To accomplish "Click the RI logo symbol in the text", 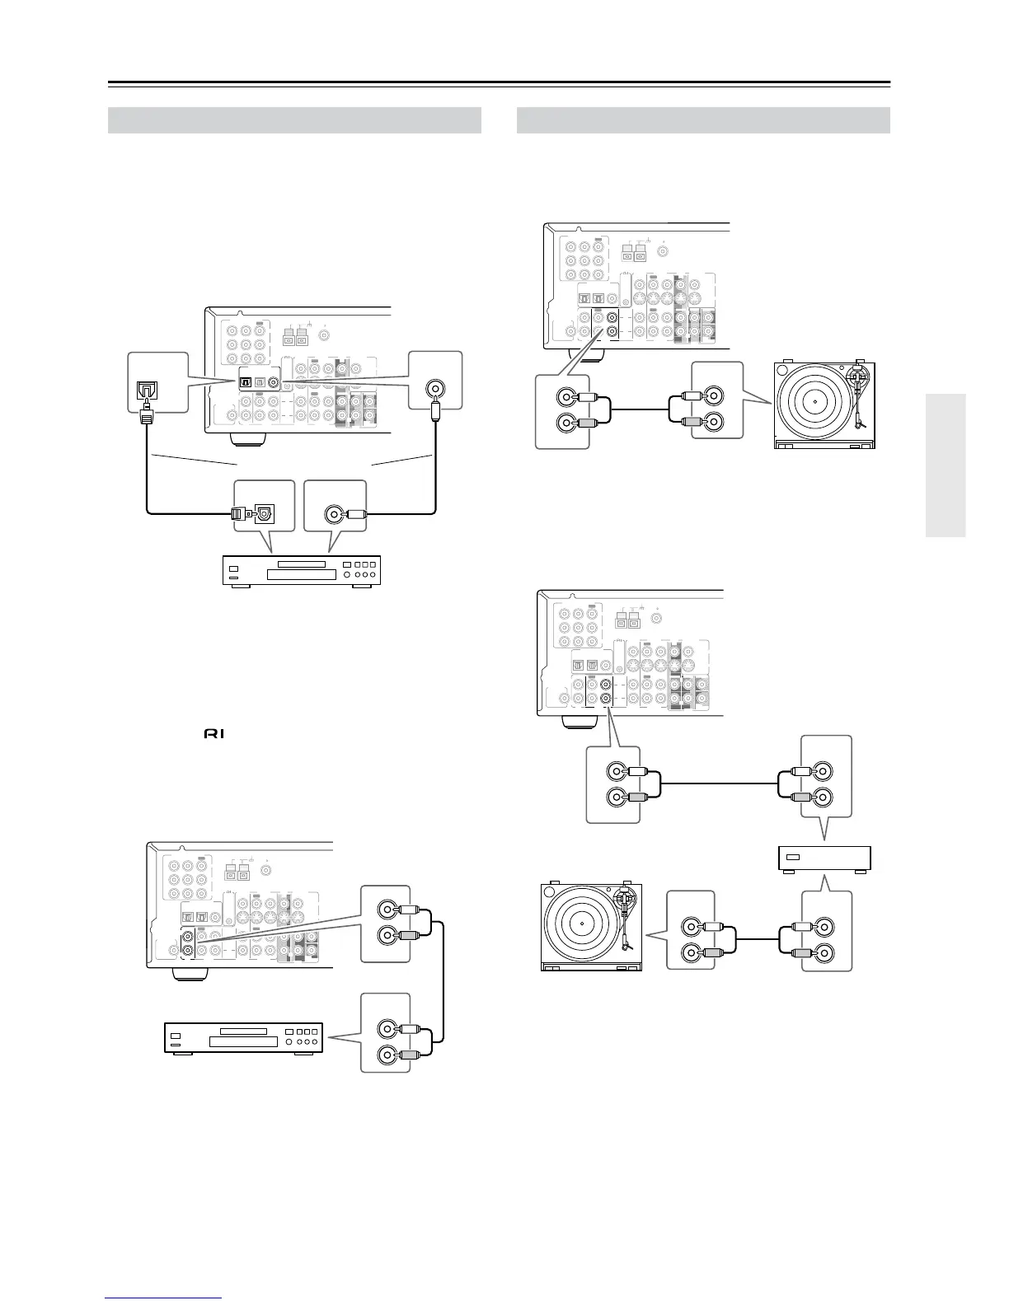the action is tap(211, 732).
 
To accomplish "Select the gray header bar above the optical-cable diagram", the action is tap(294, 120).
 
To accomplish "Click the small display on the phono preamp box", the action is tap(792, 857).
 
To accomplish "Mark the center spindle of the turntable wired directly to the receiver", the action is tap(813, 401).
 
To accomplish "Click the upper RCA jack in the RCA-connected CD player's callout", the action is tap(385, 1028).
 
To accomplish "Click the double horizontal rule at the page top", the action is tap(499, 84).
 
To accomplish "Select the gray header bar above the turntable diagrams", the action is tap(702, 120).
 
